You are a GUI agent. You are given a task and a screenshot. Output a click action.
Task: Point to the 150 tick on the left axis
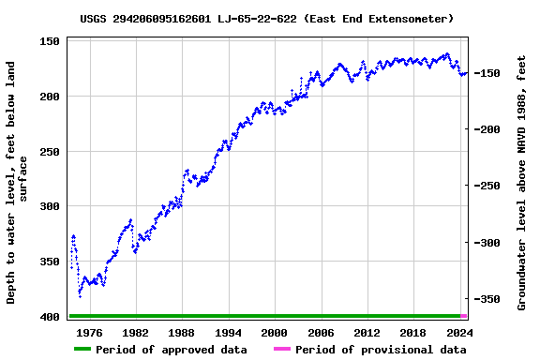click(50, 41)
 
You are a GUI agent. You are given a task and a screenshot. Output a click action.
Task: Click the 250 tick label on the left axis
click(50, 152)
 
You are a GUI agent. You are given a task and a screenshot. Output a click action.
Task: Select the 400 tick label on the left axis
click(50, 318)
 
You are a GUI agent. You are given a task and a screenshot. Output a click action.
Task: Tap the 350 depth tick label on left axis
click(50, 262)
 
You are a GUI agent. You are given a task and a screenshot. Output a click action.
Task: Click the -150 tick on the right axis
click(488, 73)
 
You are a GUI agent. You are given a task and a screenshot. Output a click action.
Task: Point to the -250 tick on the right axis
click(488, 187)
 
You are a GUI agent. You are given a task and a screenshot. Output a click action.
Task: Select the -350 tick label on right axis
click(488, 300)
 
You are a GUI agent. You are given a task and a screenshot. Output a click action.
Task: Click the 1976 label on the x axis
click(89, 333)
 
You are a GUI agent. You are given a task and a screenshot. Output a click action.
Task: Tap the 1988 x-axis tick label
click(181, 333)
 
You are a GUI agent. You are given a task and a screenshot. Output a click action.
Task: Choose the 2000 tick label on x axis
click(274, 333)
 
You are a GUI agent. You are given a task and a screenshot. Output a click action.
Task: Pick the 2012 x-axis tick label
click(367, 333)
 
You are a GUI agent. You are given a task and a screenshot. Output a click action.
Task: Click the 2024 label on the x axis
click(459, 333)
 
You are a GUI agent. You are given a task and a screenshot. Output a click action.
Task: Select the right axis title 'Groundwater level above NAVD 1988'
click(522, 183)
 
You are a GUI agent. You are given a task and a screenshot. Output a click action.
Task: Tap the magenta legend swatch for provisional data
click(281, 350)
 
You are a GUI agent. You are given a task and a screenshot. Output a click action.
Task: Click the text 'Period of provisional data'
click(381, 350)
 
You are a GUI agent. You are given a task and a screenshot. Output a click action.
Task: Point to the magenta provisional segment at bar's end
click(464, 316)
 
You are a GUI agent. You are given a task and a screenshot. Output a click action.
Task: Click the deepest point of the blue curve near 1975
click(80, 296)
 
